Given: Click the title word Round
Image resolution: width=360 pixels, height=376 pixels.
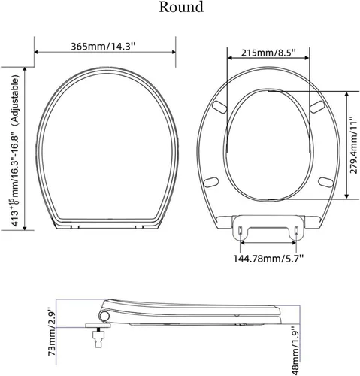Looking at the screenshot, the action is tap(181, 7).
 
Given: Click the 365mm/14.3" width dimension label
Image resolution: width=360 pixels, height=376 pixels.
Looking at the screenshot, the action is tap(103, 47).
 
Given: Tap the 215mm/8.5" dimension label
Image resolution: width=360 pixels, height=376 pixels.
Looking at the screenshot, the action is tap(268, 53).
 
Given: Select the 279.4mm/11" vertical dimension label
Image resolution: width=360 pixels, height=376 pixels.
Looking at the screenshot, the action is tap(354, 144).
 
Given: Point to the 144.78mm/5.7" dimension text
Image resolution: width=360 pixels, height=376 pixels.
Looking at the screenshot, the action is tap(268, 259).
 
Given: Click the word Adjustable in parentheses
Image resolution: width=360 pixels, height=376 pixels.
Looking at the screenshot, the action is tap(15, 100).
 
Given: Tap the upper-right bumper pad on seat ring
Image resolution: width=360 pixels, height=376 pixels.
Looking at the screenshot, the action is tap(317, 107).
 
